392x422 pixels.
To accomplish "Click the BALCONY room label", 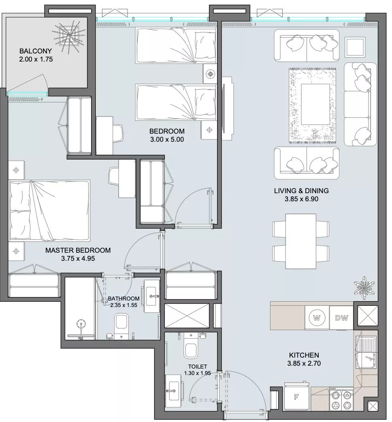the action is (x=36, y=51).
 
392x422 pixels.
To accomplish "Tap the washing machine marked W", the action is (x=317, y=318).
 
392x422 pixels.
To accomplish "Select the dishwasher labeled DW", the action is (x=341, y=318).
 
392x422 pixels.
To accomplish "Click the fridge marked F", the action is (x=296, y=396).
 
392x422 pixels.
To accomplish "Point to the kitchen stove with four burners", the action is (x=341, y=399).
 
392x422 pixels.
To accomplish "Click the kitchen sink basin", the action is (x=366, y=353).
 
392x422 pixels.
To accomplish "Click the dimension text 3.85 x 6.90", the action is (x=301, y=199).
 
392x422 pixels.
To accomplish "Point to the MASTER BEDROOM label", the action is (x=78, y=250).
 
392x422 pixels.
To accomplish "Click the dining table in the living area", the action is (x=301, y=241).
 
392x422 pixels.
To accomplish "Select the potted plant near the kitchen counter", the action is (x=364, y=288).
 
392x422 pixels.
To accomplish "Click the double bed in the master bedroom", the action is (x=49, y=211).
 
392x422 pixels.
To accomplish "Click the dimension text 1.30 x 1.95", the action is (x=198, y=373).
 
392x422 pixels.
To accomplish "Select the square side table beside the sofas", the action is (x=355, y=47).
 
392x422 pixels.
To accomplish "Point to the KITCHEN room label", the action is (x=304, y=355).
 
